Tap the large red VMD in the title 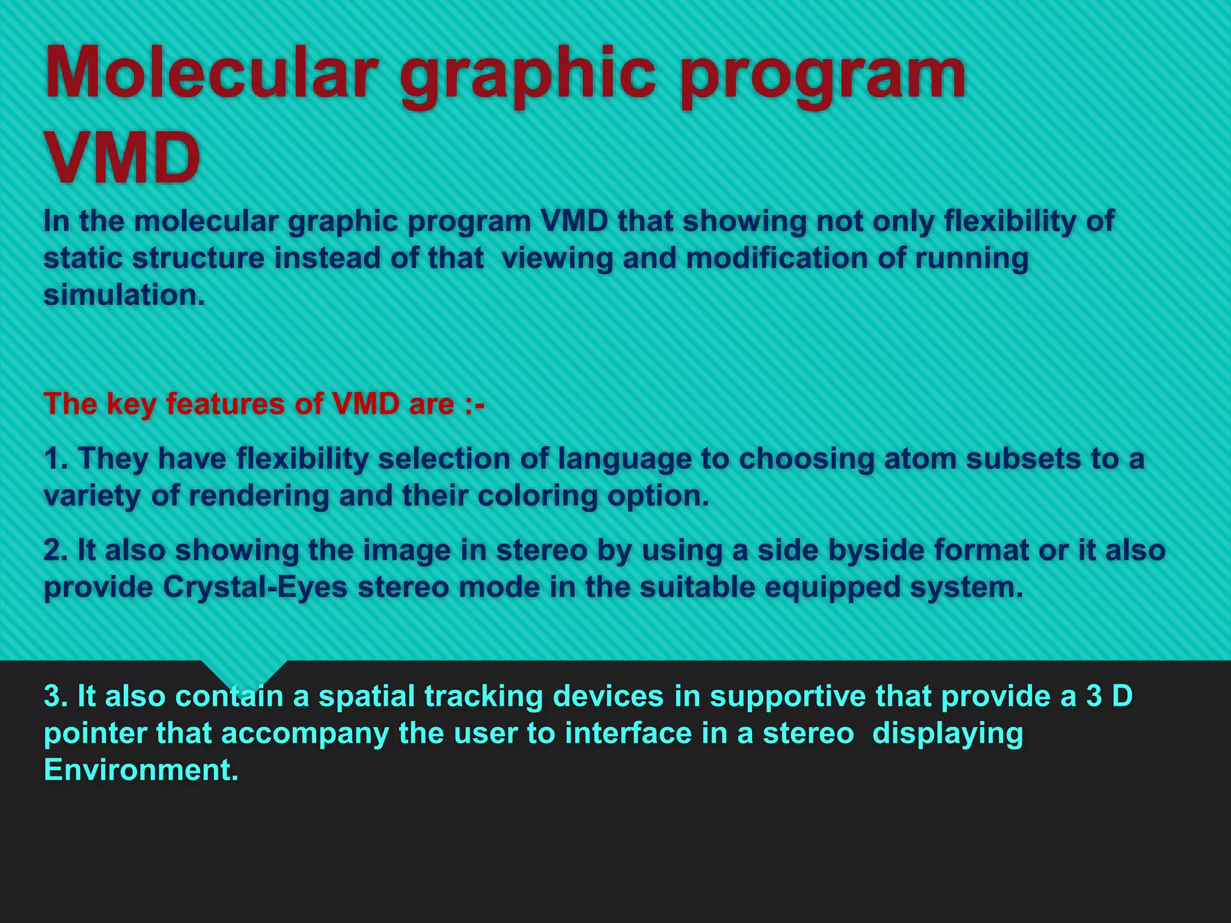(x=122, y=157)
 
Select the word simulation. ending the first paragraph (x=124, y=295)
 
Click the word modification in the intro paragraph (x=776, y=258)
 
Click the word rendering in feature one (x=258, y=496)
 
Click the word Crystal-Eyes (x=255, y=587)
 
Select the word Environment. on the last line (x=141, y=770)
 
